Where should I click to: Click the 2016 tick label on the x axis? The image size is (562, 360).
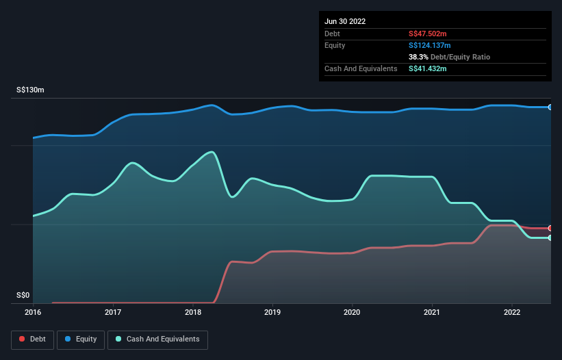33,312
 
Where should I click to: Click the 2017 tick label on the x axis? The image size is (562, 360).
113,312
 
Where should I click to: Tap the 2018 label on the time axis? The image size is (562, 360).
193,312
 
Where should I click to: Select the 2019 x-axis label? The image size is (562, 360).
272,312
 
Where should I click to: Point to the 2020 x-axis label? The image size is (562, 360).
353,312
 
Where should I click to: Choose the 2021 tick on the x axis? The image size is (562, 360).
432,312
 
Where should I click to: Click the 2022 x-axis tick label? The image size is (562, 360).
512,312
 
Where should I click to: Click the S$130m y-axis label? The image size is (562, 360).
31,90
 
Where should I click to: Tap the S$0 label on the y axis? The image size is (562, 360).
23,295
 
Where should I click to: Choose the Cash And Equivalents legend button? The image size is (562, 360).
157,339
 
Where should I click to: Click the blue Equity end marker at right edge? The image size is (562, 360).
550,107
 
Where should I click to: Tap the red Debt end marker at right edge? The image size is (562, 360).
550,228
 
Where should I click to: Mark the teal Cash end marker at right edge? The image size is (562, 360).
550,237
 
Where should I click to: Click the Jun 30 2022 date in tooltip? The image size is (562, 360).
345,21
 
